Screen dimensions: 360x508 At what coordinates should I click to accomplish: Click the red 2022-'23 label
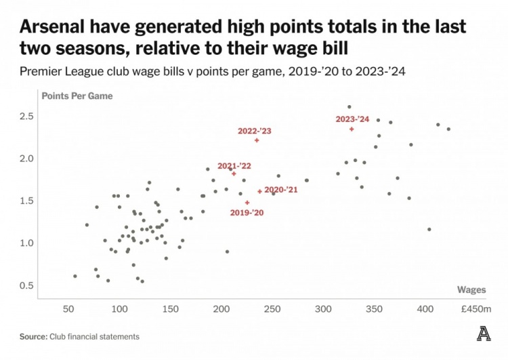click(x=255, y=130)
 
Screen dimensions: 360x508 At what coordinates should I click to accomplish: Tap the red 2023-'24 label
click(x=352, y=119)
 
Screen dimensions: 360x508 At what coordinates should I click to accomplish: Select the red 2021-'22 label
click(x=234, y=165)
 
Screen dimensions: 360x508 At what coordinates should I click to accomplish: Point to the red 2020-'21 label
click(x=281, y=190)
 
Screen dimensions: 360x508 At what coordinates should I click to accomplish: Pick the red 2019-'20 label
click(x=247, y=212)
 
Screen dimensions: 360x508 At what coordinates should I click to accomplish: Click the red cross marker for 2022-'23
click(x=257, y=140)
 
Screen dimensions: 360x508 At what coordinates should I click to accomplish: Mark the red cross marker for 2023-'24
click(x=352, y=129)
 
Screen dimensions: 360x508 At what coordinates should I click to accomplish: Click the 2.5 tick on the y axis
click(x=26, y=117)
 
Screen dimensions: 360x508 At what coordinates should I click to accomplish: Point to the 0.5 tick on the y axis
click(x=26, y=285)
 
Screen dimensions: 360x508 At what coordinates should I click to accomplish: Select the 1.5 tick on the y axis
click(x=26, y=201)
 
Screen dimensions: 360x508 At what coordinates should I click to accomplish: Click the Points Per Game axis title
click(x=77, y=96)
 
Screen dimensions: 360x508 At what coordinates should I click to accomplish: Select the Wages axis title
click(x=471, y=289)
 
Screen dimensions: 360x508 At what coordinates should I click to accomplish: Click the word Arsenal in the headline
click(x=58, y=27)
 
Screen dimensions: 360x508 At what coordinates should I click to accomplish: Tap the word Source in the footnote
click(x=33, y=336)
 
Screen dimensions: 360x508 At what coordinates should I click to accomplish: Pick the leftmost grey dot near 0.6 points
click(x=75, y=276)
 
